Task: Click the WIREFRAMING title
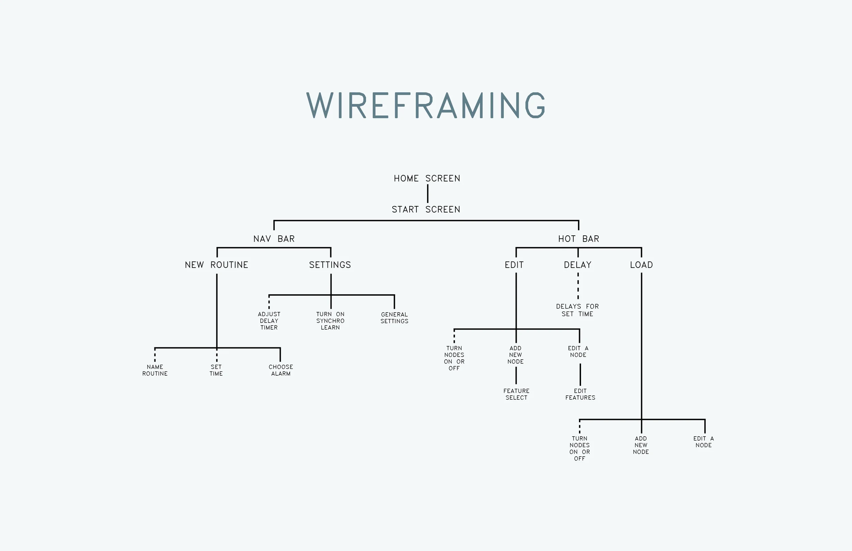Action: tap(426, 105)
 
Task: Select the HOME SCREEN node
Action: tap(427, 178)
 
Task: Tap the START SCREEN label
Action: tap(426, 209)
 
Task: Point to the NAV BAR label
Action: tap(274, 239)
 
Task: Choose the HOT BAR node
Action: tap(578, 239)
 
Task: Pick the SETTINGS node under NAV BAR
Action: tap(330, 265)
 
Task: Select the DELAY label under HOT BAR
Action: tap(578, 265)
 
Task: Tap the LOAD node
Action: tap(641, 265)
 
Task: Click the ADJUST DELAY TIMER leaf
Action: tap(269, 321)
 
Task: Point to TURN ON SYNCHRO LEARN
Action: tap(330, 321)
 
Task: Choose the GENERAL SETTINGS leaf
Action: tap(395, 318)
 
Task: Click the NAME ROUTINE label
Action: tap(155, 370)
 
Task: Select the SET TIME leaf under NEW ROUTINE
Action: tap(216, 370)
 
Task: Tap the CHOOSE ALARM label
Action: tap(281, 370)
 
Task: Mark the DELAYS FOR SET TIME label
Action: tap(577, 310)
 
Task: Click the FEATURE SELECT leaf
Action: tap(516, 394)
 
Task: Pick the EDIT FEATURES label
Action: tap(580, 394)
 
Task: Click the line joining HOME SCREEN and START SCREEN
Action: tap(428, 193)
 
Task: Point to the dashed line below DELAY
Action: tap(578, 286)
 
